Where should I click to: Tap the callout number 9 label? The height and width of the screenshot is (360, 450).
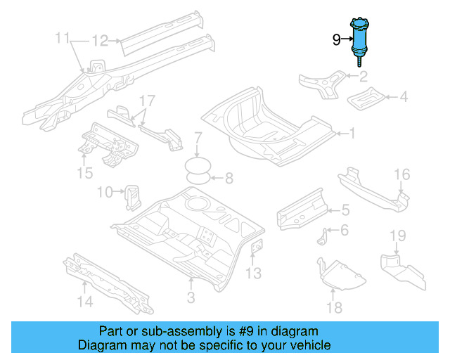click(336, 41)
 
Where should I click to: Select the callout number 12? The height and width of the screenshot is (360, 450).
click(100, 41)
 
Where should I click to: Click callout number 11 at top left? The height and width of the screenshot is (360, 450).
click(63, 37)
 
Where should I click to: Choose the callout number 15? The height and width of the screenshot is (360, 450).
click(85, 172)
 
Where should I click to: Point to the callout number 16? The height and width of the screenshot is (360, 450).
click(401, 174)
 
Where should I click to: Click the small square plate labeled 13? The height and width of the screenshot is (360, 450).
click(257, 247)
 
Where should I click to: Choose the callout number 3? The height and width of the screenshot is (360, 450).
click(189, 299)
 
